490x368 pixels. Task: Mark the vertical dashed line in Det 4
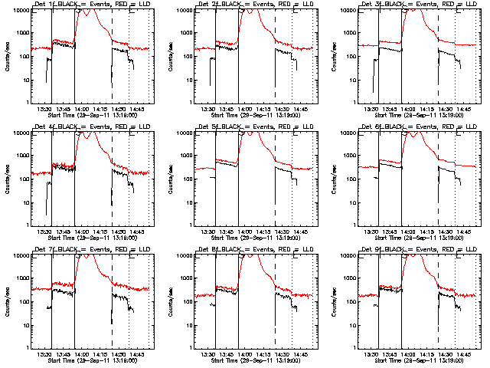click(x=113, y=176)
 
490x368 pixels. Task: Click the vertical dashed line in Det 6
click(x=439, y=176)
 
